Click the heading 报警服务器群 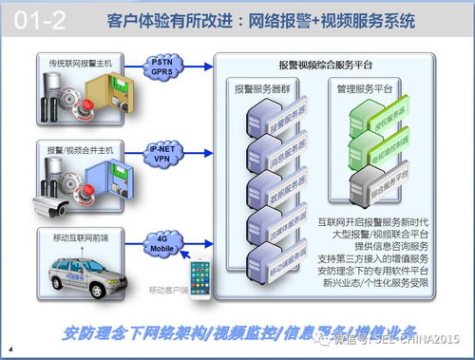266,87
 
